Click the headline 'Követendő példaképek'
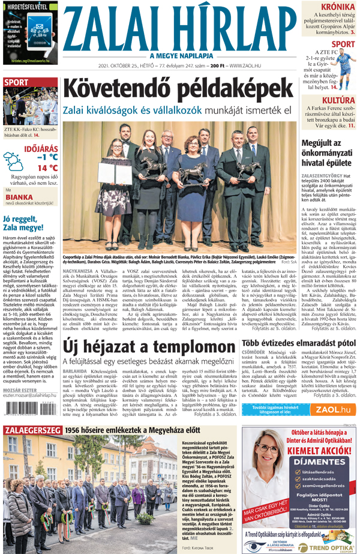click(181, 89)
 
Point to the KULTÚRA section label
click(339, 100)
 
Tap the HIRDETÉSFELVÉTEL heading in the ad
click(29, 7)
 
